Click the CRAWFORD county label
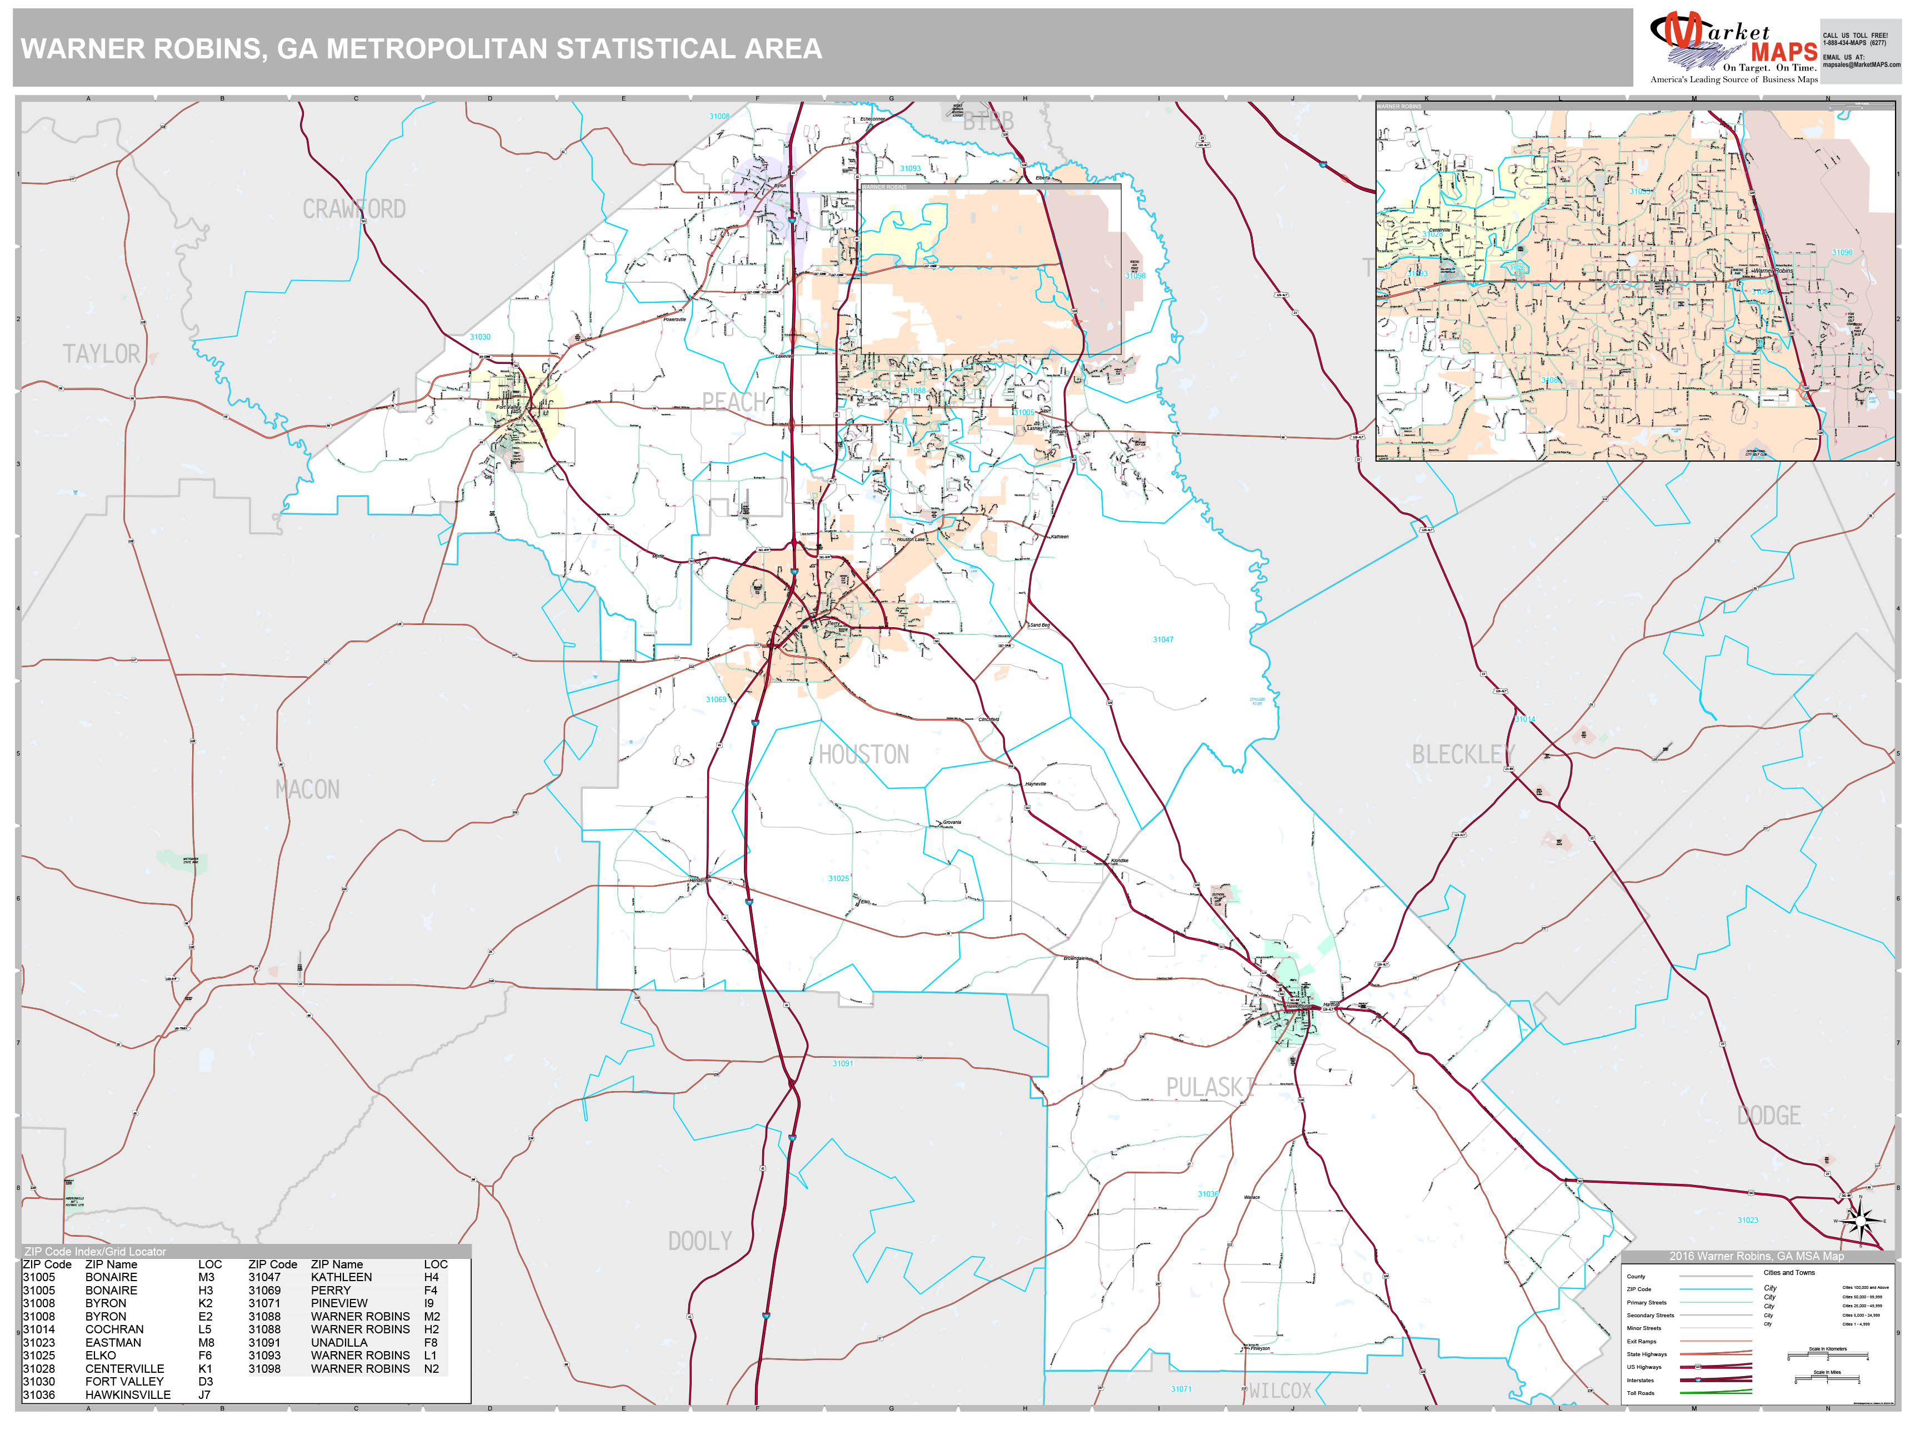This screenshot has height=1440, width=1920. tap(353, 209)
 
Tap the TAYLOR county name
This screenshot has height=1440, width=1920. tap(101, 354)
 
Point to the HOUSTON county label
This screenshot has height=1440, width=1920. tap(864, 754)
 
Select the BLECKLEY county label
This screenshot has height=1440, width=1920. tap(1463, 754)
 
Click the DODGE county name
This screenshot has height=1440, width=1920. tap(1768, 1116)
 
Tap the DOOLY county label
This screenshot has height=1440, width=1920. tap(699, 1241)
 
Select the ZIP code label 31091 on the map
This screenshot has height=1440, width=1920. tap(842, 1063)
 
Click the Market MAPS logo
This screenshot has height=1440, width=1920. tap(1733, 48)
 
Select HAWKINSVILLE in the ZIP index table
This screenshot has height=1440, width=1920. tap(128, 1395)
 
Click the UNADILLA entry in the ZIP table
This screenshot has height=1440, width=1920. tap(338, 1343)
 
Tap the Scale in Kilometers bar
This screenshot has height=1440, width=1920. tap(1827, 1356)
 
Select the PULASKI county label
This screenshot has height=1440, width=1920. tap(1209, 1088)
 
